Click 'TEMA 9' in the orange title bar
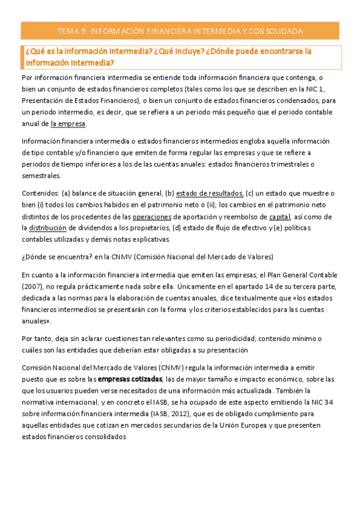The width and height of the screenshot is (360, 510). coord(72,31)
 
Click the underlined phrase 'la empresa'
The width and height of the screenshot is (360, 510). coord(69,124)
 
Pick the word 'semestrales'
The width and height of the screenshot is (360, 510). coord(40,176)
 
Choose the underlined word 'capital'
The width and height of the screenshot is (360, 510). coord(279,217)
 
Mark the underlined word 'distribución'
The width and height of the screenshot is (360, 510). coord(48,228)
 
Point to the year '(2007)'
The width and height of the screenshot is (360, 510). coord(31,286)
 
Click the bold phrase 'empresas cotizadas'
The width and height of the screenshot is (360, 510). coord(130,379)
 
